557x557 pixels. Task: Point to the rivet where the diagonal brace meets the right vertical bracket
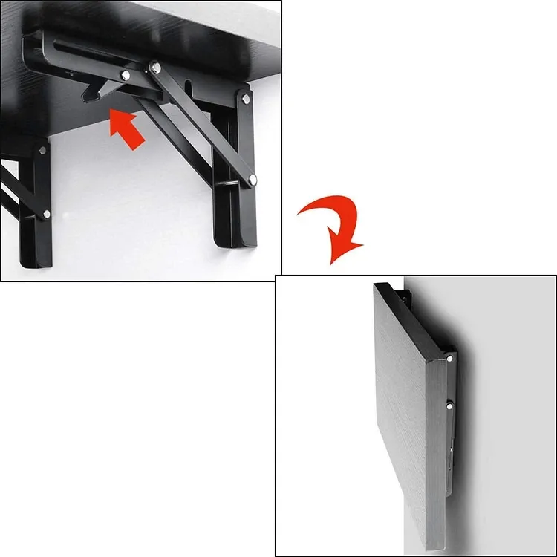(x=253, y=179)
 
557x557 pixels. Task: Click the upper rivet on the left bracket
(x=42, y=150)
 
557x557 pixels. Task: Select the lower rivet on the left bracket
(x=46, y=214)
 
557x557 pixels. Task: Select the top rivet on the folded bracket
(x=451, y=359)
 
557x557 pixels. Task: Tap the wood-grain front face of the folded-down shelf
(x=405, y=416)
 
